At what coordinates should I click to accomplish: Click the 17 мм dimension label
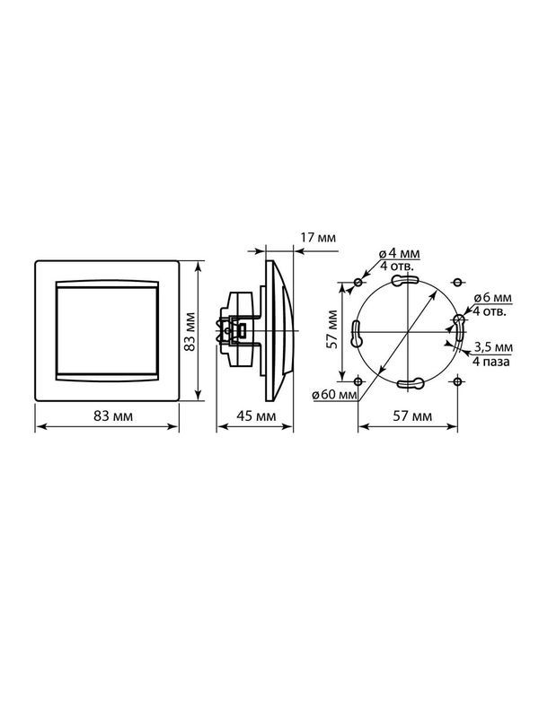pyautogui.click(x=318, y=238)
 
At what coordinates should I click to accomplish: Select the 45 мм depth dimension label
pyautogui.click(x=256, y=416)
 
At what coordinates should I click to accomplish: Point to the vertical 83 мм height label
pyautogui.click(x=190, y=331)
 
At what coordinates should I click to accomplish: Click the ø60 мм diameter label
pyautogui.click(x=334, y=395)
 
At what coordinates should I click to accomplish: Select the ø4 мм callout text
pyautogui.click(x=400, y=253)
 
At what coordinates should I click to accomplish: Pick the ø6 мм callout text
pyautogui.click(x=493, y=298)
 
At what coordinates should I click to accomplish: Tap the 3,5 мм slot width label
pyautogui.click(x=493, y=347)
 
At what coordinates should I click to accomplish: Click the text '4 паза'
pyautogui.click(x=490, y=362)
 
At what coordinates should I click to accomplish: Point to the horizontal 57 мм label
pyautogui.click(x=412, y=416)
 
